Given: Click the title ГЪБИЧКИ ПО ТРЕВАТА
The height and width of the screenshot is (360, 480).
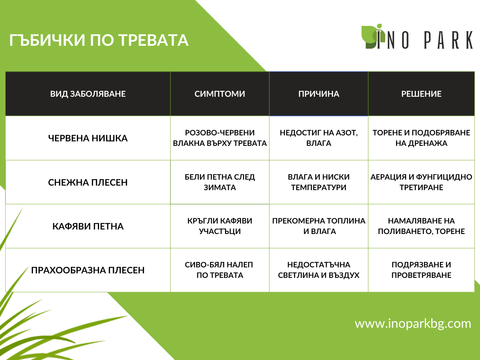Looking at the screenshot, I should coord(99,40).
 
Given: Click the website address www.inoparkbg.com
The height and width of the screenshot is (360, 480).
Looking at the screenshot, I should coord(413,323).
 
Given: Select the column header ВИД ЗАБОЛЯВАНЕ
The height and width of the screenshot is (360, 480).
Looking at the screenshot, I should coord(88,94).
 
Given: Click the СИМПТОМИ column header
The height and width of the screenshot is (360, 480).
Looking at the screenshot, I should coord(220,94).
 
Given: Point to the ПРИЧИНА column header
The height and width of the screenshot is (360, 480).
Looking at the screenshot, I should coord(319,94).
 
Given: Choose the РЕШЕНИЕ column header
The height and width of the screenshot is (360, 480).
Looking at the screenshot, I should coord(421,94).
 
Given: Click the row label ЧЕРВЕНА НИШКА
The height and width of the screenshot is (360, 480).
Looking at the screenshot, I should coord(88,138).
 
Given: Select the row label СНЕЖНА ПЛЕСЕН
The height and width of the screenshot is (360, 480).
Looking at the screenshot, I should coord(88,182).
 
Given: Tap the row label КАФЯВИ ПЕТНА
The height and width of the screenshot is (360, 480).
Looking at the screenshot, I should coord(88,226).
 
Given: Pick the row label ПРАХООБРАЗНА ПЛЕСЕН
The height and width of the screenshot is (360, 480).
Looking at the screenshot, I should coord(88,270).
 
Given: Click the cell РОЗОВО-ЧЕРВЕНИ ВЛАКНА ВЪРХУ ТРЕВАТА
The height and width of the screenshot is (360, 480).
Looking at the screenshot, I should coord(220,138).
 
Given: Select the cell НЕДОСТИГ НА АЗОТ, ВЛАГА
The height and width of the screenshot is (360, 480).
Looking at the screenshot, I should coord(319,138).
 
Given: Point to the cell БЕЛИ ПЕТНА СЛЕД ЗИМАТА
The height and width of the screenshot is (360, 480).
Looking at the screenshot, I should coord(220,182).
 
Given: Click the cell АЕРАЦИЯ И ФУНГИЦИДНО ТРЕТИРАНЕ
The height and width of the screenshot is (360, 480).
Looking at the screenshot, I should coord(421,182).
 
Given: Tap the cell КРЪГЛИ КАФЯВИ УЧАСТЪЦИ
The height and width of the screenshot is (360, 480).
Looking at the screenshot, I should coord(220,226).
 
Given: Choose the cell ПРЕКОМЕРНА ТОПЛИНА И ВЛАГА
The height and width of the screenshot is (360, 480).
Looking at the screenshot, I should coord(319,226).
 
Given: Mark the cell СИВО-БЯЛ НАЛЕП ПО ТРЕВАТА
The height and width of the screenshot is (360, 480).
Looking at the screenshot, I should coord(220,270).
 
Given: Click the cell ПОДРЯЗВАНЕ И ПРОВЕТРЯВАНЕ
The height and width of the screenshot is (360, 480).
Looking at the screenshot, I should coord(421,270).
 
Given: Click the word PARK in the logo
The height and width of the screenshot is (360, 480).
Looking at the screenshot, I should coord(448,40).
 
